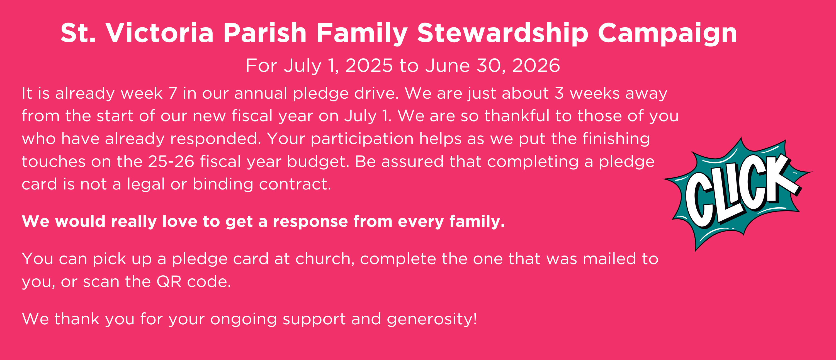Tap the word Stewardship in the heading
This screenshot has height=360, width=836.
[x=503, y=33]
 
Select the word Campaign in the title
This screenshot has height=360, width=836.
[x=668, y=33]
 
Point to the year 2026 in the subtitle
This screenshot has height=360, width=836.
[x=536, y=65]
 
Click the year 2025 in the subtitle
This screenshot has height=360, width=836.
[x=369, y=65]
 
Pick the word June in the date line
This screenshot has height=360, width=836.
[x=448, y=65]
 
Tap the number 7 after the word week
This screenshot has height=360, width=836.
[x=173, y=93]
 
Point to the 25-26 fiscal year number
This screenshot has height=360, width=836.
[x=171, y=161]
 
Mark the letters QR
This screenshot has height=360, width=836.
[x=169, y=282]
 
